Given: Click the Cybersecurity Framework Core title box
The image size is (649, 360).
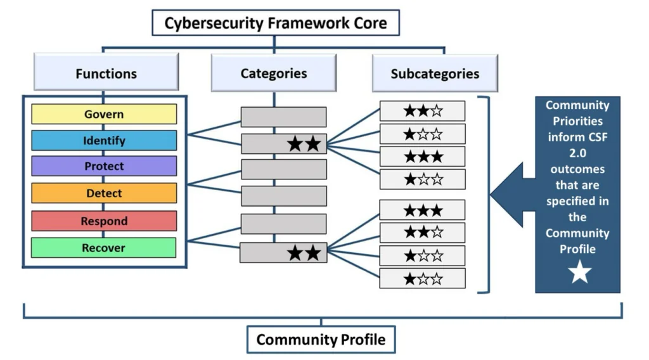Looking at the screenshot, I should tap(275, 23).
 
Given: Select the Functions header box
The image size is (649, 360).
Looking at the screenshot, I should tap(106, 73).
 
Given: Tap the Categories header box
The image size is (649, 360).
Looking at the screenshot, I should tap(273, 73).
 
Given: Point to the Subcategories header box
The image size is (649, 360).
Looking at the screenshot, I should tap(435, 73).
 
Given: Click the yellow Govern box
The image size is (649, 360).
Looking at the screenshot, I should tap(104, 115).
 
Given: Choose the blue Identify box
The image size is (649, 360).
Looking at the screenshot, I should tap(104, 141).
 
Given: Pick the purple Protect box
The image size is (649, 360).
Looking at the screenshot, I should tap(104, 167).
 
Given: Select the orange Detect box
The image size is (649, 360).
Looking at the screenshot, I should tap(104, 193).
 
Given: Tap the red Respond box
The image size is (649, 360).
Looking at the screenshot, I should tap(104, 221).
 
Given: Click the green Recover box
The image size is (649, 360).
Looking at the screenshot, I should tap(104, 248).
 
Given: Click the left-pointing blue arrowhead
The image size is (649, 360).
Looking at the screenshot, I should tap(506, 195).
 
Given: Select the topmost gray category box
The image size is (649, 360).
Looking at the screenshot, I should tap(283, 117).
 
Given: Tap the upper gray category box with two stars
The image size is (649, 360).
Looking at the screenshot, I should tap(283, 144).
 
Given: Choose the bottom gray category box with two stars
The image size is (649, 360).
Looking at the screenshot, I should tap(283, 253).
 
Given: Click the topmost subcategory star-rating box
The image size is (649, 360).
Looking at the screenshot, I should tap(422, 111).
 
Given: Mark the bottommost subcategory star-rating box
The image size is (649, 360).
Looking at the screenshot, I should tap(422, 278).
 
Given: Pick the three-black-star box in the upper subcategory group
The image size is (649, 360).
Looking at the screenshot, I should tap(422, 157).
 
